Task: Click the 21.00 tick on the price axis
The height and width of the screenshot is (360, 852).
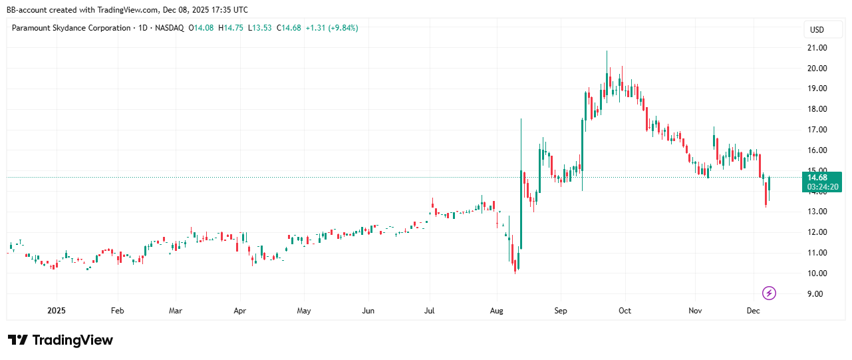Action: [817, 48]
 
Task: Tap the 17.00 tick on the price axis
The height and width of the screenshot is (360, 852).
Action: [817, 130]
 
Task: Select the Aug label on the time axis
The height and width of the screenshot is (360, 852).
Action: [497, 311]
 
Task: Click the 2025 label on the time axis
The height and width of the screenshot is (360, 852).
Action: [57, 311]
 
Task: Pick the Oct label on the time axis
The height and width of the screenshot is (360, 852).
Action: [625, 311]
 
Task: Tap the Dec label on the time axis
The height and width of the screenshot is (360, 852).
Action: [753, 311]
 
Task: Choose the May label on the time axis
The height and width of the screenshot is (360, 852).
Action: [303, 311]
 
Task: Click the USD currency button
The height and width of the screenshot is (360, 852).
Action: [816, 30]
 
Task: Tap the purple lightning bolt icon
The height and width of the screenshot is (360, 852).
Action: [769, 293]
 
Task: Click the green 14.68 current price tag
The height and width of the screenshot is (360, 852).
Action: [817, 177]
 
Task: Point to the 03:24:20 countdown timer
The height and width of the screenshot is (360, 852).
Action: [822, 187]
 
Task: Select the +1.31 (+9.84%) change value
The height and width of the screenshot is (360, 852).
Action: [333, 28]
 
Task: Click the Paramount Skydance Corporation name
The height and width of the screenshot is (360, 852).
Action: [72, 28]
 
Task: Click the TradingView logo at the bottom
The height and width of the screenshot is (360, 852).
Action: [61, 340]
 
